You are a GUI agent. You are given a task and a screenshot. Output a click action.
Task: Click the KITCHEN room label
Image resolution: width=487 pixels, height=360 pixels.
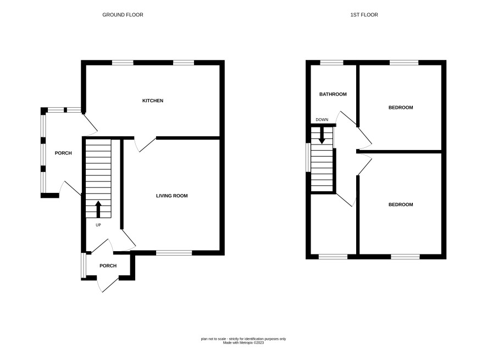(x=152, y=101)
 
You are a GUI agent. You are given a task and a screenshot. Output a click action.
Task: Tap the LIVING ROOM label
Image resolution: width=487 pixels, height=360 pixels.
(x=171, y=196)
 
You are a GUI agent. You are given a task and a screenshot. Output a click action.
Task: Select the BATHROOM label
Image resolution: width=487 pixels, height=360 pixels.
(x=333, y=94)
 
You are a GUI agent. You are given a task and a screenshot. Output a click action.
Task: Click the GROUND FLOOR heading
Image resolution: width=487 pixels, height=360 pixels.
(x=123, y=15)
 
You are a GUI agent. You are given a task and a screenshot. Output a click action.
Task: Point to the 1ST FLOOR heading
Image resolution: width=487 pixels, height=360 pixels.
(x=364, y=15)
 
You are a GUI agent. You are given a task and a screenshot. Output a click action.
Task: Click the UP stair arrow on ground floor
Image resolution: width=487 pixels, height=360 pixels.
(x=98, y=209)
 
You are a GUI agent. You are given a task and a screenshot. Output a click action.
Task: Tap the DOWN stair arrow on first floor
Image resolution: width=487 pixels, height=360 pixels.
(x=322, y=136)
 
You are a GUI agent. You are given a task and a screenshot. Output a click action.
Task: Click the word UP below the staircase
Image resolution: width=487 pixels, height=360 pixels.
(x=98, y=225)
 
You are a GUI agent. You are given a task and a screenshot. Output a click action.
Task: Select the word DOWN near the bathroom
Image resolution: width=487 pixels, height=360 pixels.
(x=322, y=120)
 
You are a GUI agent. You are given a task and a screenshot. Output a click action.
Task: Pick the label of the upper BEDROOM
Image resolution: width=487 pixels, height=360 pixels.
(x=401, y=108)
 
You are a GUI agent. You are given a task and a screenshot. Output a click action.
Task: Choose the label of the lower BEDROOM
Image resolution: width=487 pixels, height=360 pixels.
(x=401, y=204)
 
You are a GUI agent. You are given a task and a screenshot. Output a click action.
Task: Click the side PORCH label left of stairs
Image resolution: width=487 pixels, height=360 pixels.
(x=63, y=153)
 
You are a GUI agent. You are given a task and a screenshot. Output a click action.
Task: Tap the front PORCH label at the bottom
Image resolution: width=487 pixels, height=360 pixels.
(x=108, y=265)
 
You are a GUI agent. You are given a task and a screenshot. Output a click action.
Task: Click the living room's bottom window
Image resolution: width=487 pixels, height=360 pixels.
(x=174, y=253)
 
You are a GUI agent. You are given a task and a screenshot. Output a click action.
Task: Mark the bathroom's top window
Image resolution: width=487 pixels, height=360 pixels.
(x=331, y=63)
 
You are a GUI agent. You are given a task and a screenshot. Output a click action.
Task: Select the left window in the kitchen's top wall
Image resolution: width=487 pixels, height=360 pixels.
(x=123, y=63)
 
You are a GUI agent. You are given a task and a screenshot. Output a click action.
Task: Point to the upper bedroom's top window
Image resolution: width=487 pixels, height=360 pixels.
(x=404, y=63)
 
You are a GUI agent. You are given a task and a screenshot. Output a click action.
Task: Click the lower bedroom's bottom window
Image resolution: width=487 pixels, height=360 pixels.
(x=405, y=257)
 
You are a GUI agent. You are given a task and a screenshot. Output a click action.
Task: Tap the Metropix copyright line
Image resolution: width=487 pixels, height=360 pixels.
(x=243, y=343)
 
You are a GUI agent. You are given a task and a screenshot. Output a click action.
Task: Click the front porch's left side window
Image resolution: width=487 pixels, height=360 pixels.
(x=83, y=265)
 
